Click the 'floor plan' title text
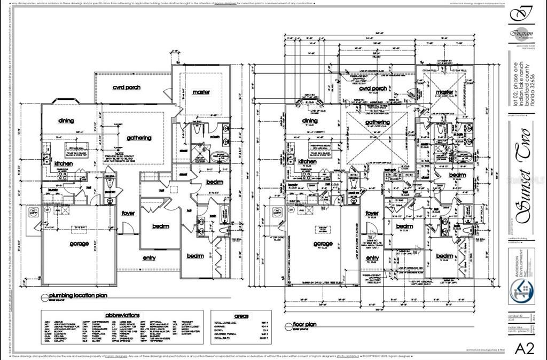tap(304, 324)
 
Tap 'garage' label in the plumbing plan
tap(79, 244)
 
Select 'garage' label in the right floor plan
tap(323, 244)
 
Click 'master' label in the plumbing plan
tap(201, 92)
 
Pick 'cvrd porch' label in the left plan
tap(127, 87)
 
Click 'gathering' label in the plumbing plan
tap(139, 138)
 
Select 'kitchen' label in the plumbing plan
tap(64, 163)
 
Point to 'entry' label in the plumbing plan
tap(149, 257)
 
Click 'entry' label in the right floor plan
tap(372, 258)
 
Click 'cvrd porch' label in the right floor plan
tap(372, 89)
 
